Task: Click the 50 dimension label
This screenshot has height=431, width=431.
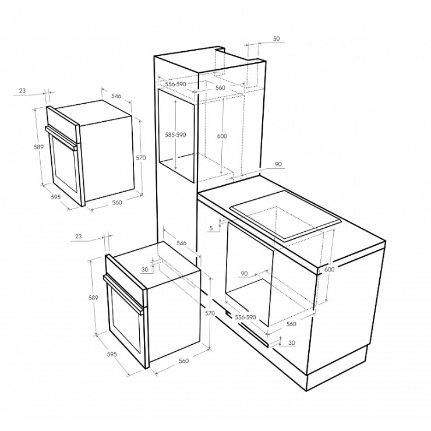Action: [x=276, y=39]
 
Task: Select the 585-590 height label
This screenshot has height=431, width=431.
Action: [x=175, y=135]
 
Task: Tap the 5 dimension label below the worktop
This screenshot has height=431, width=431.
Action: [x=211, y=228]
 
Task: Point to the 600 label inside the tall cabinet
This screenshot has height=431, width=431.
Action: [x=222, y=136]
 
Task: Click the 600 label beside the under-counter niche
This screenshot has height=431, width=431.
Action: [x=329, y=269]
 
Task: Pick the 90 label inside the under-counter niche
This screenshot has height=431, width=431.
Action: [x=244, y=274]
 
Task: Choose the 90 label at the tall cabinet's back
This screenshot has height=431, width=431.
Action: [x=278, y=164]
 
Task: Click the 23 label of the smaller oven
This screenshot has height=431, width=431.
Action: [x=22, y=90]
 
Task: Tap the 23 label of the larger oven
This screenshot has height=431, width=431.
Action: [x=79, y=236]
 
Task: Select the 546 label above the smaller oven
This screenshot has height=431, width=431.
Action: [x=116, y=96]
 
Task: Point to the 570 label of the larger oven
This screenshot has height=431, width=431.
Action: [x=210, y=313]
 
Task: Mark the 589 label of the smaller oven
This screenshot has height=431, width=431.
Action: [x=38, y=147]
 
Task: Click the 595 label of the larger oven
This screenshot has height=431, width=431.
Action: [x=112, y=355]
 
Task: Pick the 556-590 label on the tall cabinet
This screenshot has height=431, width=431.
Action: [x=175, y=84]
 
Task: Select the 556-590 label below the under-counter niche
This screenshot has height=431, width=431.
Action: [x=245, y=317]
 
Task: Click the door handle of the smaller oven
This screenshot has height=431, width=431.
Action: [x=61, y=138]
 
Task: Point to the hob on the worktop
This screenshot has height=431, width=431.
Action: [x=285, y=216]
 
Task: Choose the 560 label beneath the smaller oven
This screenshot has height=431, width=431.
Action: [x=117, y=203]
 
